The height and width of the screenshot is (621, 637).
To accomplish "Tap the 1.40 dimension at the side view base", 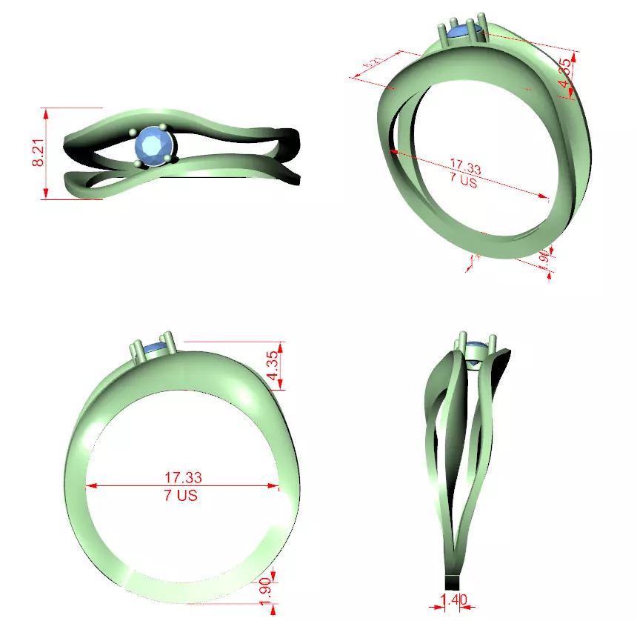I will [453, 598].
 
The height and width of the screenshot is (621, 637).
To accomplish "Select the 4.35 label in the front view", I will [273, 365].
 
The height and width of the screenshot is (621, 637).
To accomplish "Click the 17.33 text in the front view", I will [183, 477].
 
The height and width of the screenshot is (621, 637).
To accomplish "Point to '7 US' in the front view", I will [181, 495].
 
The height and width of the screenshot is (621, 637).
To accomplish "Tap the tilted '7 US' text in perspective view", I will [463, 181].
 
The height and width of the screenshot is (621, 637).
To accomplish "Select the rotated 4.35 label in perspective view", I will [565, 73].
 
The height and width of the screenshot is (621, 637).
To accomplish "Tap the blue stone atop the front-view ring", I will [155, 348].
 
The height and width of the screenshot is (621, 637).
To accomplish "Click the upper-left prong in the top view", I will [133, 133].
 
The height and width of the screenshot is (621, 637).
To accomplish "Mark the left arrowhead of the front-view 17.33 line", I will [90, 486].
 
